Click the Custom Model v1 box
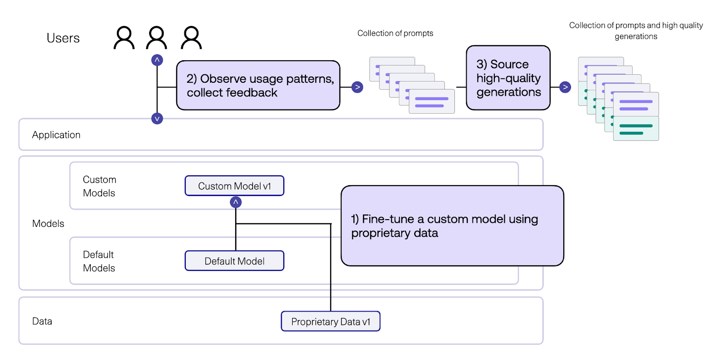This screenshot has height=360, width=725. [234, 186]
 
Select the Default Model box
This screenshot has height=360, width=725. [234, 261]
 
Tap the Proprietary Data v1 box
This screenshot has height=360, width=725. [330, 322]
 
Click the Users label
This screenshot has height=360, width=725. [63, 38]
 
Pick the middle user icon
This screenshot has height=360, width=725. [157, 38]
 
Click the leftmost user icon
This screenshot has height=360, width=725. [124, 38]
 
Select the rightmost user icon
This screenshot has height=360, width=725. [191, 38]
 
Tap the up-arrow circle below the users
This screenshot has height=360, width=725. [157, 60]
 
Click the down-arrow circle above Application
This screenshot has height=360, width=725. [157, 119]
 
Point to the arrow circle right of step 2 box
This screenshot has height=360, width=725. [358, 87]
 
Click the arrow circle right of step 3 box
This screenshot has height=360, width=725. [565, 87]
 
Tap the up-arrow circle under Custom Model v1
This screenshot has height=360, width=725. [236, 202]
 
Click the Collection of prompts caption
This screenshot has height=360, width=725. [395, 33]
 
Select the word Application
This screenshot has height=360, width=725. [56, 135]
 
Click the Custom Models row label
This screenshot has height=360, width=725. [99, 186]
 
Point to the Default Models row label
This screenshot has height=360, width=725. [99, 261]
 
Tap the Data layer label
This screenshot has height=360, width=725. [42, 322]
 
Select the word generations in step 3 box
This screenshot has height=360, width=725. [508, 92]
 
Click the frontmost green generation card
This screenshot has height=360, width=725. [636, 129]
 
